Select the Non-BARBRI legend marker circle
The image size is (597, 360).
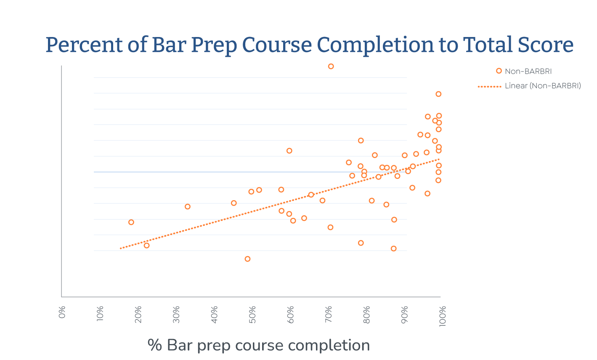[x=499, y=71]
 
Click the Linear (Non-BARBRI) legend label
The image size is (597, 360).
[x=543, y=86]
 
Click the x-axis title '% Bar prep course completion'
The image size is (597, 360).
[x=259, y=345]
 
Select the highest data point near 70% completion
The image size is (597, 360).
[x=331, y=66]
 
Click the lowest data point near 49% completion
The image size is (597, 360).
[x=247, y=259]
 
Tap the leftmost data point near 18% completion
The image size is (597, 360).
[x=131, y=222]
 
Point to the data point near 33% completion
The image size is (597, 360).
[x=188, y=206]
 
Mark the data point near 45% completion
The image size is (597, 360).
[x=234, y=203]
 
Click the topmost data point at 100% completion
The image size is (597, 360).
[x=438, y=94]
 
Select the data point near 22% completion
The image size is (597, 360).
[x=146, y=246]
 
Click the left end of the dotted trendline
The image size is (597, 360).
[x=121, y=249]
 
